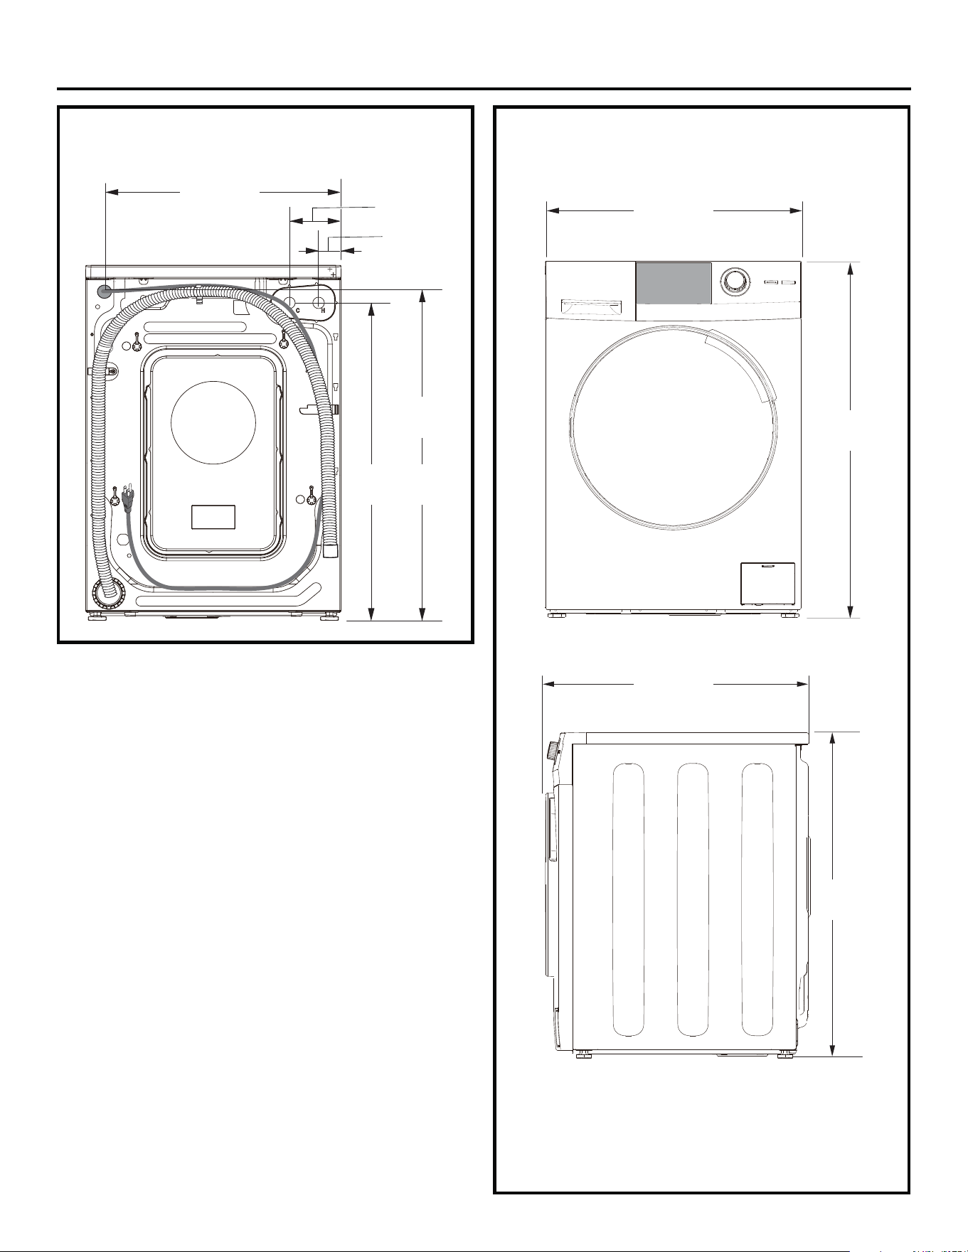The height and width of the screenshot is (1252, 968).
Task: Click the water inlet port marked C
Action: point(291,303)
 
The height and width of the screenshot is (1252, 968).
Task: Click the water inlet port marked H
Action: point(317,303)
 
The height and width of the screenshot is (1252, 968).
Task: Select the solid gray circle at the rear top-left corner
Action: point(105,291)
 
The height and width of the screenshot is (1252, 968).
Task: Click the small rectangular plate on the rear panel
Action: point(213,517)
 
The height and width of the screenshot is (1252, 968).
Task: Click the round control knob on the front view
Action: point(733,282)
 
